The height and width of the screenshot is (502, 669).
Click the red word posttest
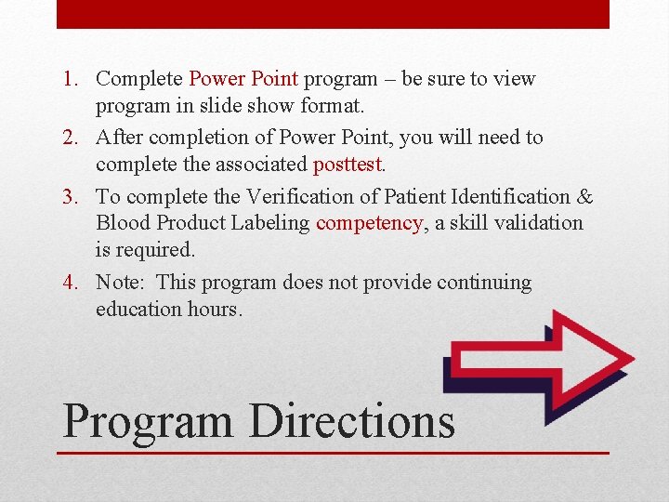[348, 165]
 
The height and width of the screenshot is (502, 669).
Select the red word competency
[368, 223]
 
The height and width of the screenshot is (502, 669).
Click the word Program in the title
[147, 421]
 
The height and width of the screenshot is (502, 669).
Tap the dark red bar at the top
[333, 14]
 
